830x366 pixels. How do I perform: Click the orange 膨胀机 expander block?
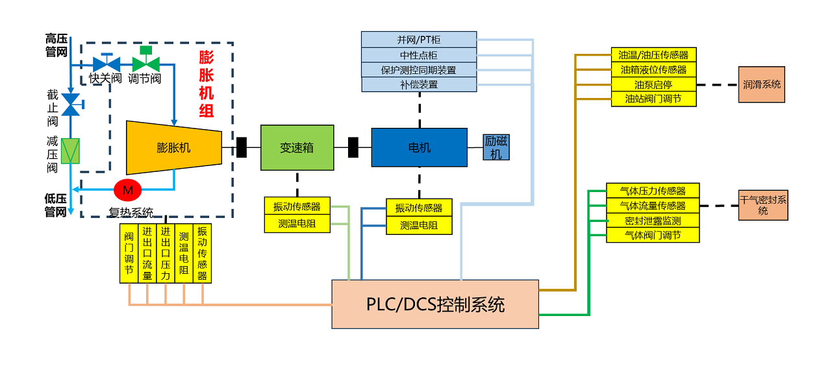point(173,147)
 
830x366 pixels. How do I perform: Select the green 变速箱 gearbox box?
point(297,148)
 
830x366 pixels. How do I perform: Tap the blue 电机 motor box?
point(419,147)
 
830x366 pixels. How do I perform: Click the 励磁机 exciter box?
point(496,147)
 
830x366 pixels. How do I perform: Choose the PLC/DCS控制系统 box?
point(435,304)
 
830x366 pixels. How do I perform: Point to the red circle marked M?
point(127,190)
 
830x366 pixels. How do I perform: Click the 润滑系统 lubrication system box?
point(761,84)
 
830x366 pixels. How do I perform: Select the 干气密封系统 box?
point(762,205)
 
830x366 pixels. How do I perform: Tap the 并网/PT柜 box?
point(419,40)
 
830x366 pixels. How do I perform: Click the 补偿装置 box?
point(419,84)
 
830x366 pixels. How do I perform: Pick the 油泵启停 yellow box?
point(653,84)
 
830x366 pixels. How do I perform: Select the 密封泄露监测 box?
point(653,221)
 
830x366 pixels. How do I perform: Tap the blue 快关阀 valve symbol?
point(107,64)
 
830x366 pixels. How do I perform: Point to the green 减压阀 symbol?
point(70,151)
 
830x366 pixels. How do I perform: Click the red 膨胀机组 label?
point(206,84)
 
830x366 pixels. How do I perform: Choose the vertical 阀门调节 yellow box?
point(129,253)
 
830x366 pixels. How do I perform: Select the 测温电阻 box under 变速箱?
point(297,224)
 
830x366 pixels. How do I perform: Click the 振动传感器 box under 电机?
point(419,208)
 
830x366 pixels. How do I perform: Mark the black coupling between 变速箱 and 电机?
point(353,147)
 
